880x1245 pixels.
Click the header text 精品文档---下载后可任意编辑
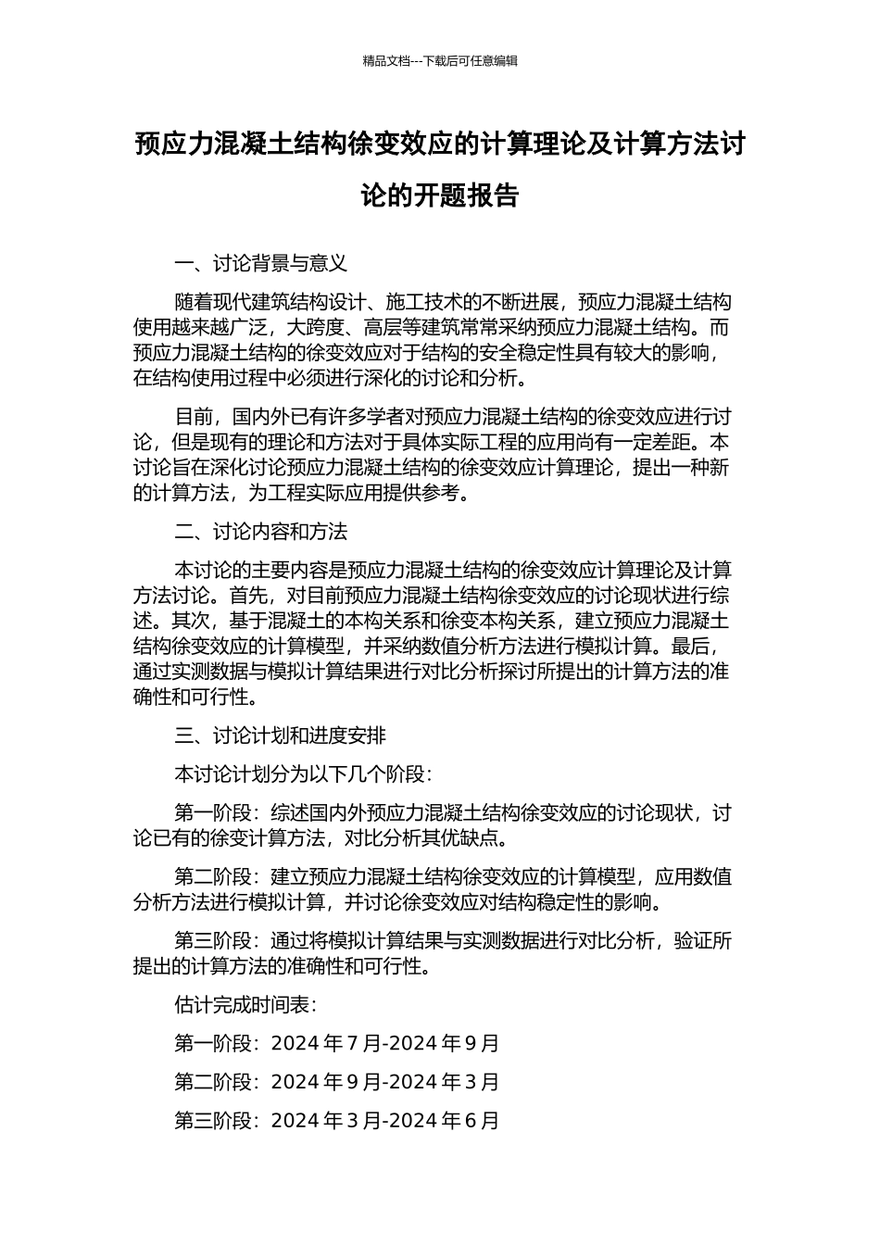[x=440, y=61]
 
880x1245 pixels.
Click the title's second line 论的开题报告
[x=440, y=196]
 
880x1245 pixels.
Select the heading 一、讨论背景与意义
[x=260, y=264]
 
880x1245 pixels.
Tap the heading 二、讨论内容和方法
[x=260, y=532]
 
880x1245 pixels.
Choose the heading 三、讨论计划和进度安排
[x=280, y=736]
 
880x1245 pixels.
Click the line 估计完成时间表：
[x=245, y=1005]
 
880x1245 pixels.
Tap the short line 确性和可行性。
[x=195, y=698]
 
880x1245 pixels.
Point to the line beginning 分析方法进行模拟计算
[x=398, y=902]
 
